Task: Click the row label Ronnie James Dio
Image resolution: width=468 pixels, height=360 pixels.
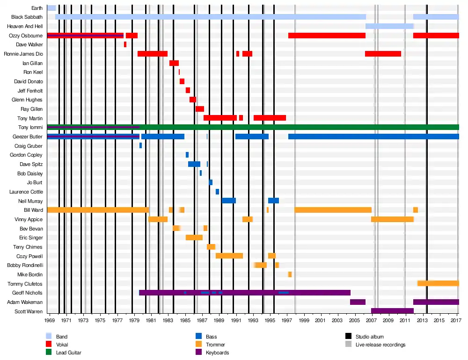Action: tap(23, 54)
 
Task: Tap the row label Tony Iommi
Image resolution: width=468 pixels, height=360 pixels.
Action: tap(30, 127)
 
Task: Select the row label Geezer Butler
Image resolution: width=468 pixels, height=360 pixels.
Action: tap(28, 137)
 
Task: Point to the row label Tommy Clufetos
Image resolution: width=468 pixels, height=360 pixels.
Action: tap(25, 284)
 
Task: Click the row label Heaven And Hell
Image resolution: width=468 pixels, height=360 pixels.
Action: tap(25, 26)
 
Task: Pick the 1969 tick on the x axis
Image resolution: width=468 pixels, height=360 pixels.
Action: tap(50, 320)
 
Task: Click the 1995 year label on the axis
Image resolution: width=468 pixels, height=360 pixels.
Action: tap(270, 320)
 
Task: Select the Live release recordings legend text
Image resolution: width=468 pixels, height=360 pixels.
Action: tap(380, 345)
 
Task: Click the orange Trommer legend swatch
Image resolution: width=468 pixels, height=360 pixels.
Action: tap(198, 344)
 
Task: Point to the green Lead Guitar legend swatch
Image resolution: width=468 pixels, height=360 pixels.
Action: tap(49, 352)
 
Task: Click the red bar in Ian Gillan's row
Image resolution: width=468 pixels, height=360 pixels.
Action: tap(174, 63)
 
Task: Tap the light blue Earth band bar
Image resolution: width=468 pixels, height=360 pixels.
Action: tap(51, 8)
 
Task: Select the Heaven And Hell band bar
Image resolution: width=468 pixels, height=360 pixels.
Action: tap(389, 26)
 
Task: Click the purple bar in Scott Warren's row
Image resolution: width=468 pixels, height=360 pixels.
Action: tap(392, 311)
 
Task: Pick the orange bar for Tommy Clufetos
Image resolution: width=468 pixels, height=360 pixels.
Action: tap(438, 283)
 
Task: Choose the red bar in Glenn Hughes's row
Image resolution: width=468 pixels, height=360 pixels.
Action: tap(193, 100)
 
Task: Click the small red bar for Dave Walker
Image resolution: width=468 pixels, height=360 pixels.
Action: tap(125, 44)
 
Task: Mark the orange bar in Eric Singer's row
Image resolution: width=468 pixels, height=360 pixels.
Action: tap(194, 238)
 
